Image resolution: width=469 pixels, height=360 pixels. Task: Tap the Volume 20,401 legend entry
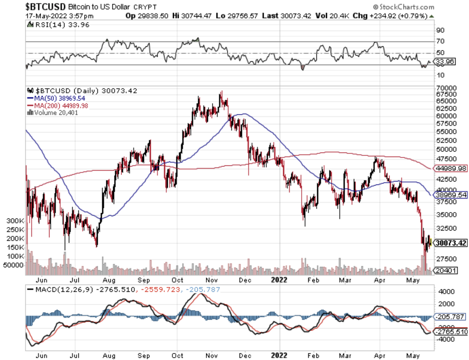pyautogui.click(x=56, y=112)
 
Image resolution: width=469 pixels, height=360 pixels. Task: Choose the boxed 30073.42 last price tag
pyautogui.click(x=450, y=243)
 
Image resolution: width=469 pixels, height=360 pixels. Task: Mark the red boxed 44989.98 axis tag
pyautogui.click(x=450, y=168)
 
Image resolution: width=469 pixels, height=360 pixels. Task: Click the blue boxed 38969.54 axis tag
pyautogui.click(x=450, y=194)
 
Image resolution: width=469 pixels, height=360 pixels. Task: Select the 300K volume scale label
pyautogui.click(x=16, y=221)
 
